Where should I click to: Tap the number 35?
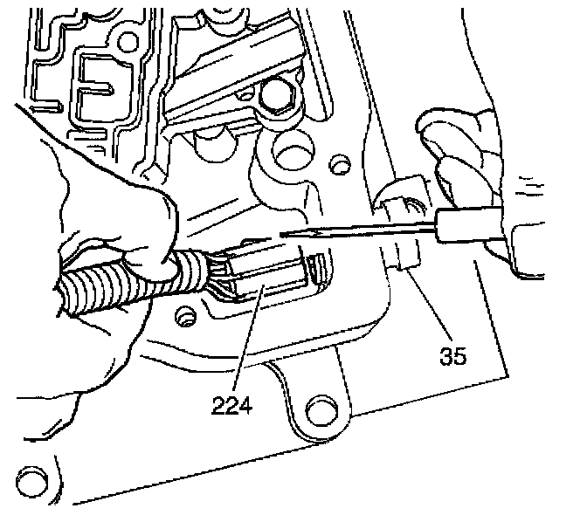coord(453,354)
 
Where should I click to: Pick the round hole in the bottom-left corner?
coord(33,479)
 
